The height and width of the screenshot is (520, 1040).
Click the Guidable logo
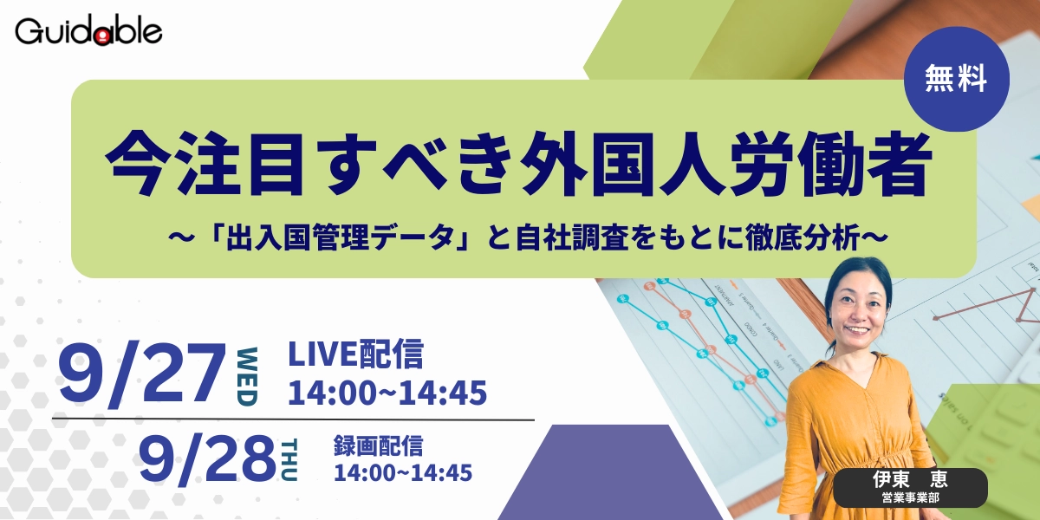point(88,31)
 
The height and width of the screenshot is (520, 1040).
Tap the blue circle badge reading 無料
point(957,79)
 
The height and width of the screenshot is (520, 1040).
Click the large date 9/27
point(141,373)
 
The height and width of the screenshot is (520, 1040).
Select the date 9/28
point(207,458)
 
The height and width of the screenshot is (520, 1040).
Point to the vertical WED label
point(247,376)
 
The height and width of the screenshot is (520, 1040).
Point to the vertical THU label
point(289,460)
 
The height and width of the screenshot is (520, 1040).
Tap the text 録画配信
point(379,445)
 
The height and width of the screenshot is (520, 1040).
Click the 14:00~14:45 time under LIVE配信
point(387,393)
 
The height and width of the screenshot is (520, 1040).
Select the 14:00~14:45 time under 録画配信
point(403,472)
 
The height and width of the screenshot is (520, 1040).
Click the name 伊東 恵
point(910,479)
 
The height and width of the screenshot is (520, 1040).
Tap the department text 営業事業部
point(911,497)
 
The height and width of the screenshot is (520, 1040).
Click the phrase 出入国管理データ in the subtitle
point(340,237)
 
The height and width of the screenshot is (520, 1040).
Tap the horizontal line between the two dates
point(293,419)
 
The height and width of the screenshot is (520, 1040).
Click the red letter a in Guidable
point(104,36)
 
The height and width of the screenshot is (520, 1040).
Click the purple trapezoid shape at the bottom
point(609,472)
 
